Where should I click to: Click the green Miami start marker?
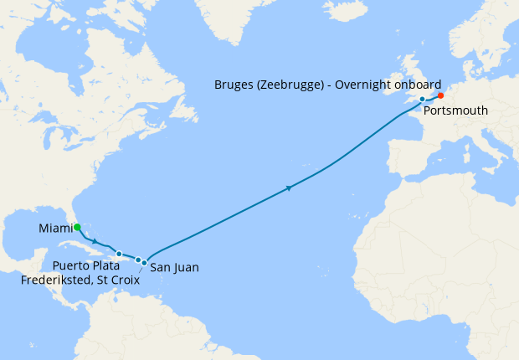pos(76,227)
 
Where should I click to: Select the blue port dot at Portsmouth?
pos(423,99)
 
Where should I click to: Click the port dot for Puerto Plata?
pos(119,254)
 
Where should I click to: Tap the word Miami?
pos(54,229)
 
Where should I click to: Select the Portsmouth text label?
pos(455,111)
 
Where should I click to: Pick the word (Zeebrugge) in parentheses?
pos(290,85)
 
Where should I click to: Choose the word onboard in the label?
pos(419,85)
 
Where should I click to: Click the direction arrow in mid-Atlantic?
pos(289,188)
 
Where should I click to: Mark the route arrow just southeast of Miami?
pos(95,241)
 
